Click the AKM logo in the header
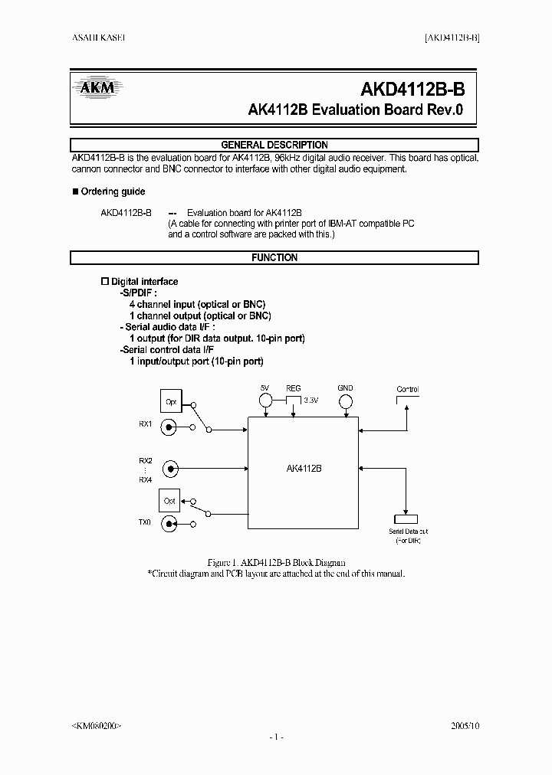coord(97,87)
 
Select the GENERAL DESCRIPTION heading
coord(274,145)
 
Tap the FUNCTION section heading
coord(274,258)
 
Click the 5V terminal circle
coord(265,401)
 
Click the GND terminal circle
coord(346,401)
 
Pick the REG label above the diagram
coord(294,388)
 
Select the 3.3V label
coord(310,401)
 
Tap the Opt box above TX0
coord(169,501)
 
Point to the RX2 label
coord(146,460)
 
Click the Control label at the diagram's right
coord(407,389)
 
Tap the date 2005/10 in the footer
coord(465,724)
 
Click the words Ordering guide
coord(113,191)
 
